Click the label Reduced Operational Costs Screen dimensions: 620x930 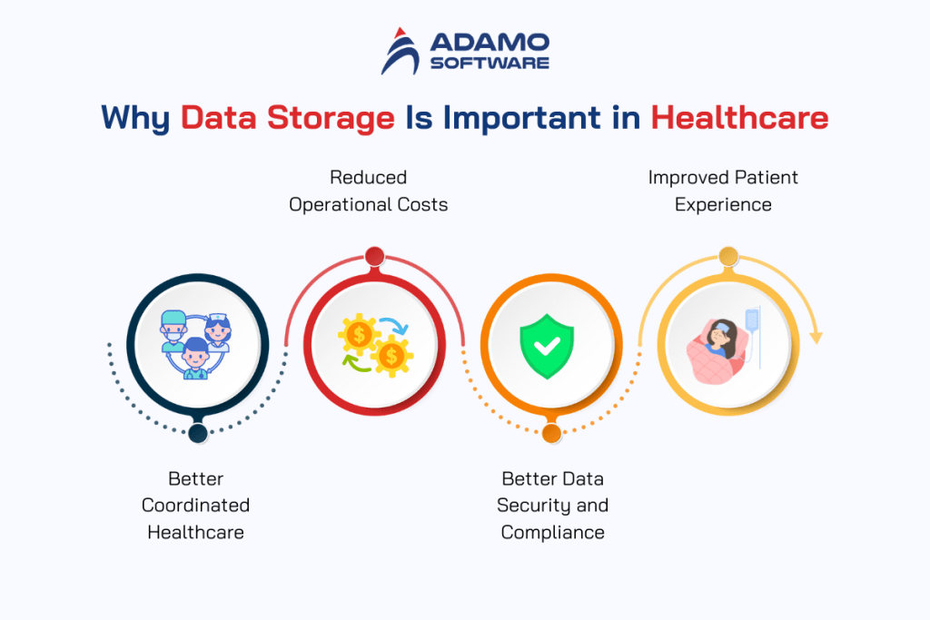click(368, 191)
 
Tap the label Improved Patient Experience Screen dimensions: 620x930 click(723, 191)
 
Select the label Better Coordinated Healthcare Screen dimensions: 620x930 click(195, 505)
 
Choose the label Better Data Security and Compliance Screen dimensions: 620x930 click(552, 505)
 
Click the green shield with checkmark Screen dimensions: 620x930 click(547, 344)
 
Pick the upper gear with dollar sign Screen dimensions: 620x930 click(359, 334)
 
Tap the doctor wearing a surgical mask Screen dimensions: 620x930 click(173, 327)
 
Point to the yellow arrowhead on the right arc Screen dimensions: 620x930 click(816, 337)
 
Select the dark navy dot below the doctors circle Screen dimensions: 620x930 click(197, 433)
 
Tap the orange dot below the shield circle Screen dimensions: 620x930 click(551, 433)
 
